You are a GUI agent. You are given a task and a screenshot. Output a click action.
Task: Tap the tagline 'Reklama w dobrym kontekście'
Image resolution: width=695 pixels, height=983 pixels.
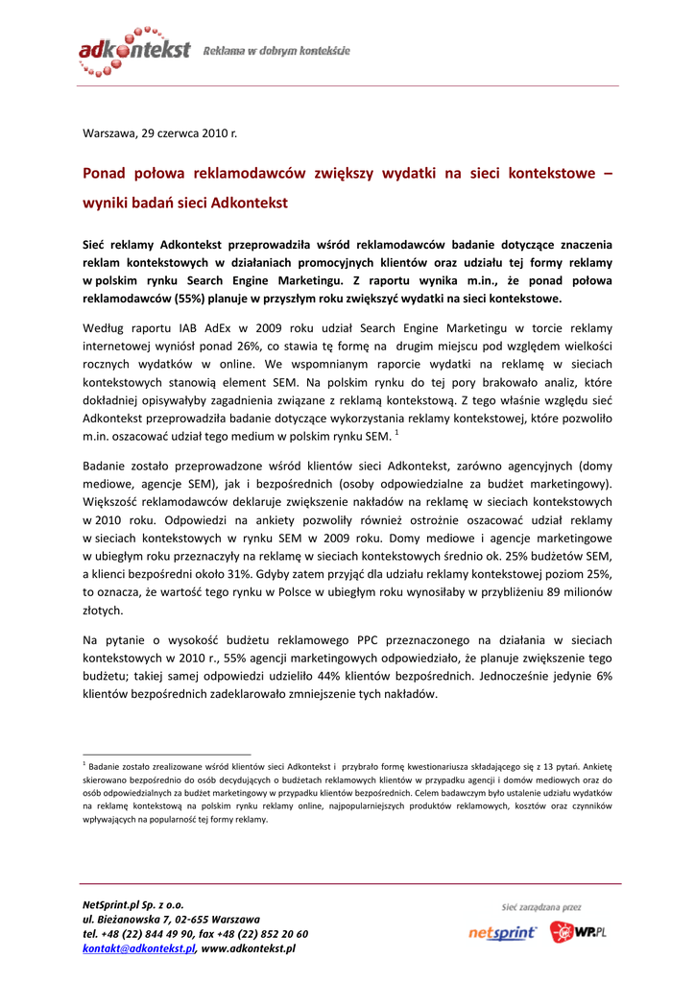coord(276,50)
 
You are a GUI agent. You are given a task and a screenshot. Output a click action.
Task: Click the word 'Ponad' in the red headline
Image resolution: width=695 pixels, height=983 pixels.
coord(108,174)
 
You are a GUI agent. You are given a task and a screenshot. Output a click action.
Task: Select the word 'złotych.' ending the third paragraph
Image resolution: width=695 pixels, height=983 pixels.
coord(103,610)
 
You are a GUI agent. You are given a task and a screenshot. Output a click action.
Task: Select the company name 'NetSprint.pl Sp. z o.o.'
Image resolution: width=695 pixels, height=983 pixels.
coord(133,904)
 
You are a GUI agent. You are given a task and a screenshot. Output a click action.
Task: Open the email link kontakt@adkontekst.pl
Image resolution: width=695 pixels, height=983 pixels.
coord(139,948)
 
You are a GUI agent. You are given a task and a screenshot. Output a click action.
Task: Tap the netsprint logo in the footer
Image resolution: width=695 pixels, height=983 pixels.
coord(503,932)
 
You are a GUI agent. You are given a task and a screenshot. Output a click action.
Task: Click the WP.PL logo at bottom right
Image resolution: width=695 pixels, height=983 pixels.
coord(579,931)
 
